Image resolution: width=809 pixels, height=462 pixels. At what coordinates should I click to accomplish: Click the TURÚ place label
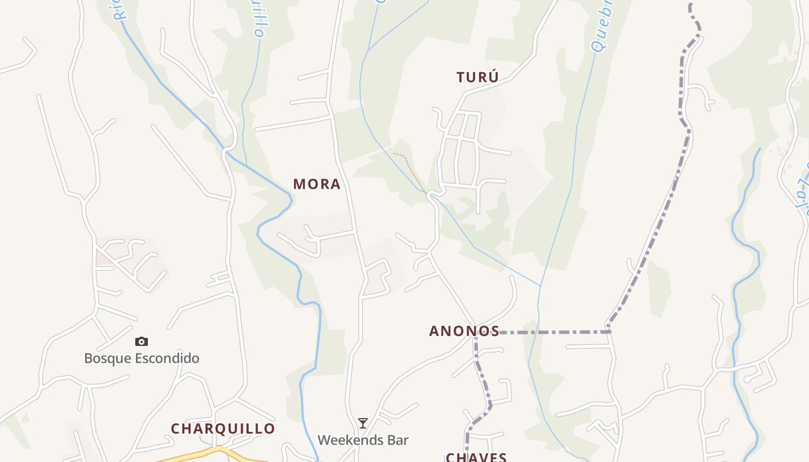point(477,77)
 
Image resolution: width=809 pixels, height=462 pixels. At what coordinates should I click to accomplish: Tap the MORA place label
point(317,184)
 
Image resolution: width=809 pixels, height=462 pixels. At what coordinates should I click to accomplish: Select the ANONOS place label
point(464,331)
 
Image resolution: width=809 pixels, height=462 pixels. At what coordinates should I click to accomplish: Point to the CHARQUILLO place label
point(223,429)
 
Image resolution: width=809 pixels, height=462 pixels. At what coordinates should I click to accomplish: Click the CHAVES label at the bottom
point(476,457)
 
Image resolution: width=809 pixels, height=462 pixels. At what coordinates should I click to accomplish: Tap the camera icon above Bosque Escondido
point(142,342)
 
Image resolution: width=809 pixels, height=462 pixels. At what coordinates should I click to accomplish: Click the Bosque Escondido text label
point(142,358)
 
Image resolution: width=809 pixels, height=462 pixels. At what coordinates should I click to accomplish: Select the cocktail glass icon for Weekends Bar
point(362,424)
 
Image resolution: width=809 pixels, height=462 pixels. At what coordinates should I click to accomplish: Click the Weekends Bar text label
point(363,440)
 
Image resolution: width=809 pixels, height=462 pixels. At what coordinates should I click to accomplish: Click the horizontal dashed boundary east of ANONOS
point(555,332)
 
